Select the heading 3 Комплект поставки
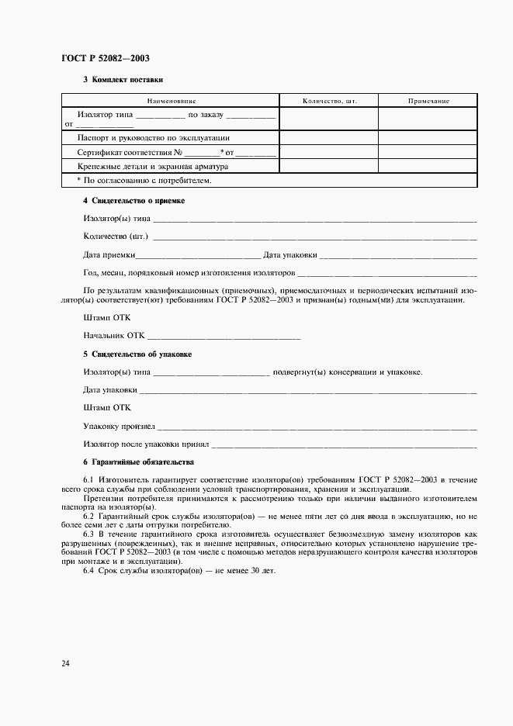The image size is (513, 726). pos(123,80)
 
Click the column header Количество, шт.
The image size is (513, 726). pos(329,101)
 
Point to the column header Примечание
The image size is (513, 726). pos(428,101)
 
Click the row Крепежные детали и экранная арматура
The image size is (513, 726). pos(153,166)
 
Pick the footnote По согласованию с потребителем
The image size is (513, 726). pos(144,180)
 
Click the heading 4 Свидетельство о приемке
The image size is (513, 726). pos(133,201)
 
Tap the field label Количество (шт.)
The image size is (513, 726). pos(116,236)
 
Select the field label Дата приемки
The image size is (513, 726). pos(109,254)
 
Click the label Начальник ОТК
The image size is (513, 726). pos(114,336)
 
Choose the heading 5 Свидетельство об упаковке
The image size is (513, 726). pos(137,354)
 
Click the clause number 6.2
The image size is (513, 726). pos(88,516)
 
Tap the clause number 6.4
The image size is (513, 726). pos(88,571)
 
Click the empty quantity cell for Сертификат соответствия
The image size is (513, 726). pos(329,152)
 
